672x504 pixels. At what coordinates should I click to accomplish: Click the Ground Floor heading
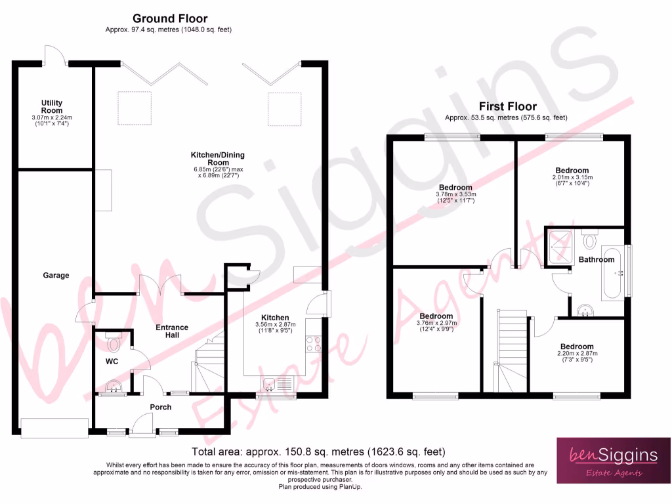pyautogui.click(x=170, y=18)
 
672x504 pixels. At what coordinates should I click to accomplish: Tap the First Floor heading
pyautogui.click(x=507, y=106)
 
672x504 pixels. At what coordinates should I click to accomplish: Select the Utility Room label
pyautogui.click(x=51, y=107)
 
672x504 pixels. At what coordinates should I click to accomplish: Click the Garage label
pyautogui.click(x=56, y=276)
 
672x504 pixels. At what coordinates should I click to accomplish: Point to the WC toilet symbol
pyautogui.click(x=114, y=342)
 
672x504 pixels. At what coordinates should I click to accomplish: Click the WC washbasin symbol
pyautogui.click(x=113, y=387)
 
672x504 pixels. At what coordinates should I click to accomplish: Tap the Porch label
pyautogui.click(x=160, y=408)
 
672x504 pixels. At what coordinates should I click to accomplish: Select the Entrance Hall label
pyautogui.click(x=172, y=331)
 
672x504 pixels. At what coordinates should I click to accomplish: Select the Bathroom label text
pyautogui.click(x=596, y=260)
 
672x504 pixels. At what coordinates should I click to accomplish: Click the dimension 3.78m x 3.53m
pyautogui.click(x=455, y=195)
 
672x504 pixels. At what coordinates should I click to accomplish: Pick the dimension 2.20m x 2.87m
pyautogui.click(x=577, y=354)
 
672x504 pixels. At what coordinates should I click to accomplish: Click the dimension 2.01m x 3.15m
pyautogui.click(x=572, y=178)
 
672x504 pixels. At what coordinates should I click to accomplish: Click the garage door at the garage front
pyautogui.click(x=54, y=428)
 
